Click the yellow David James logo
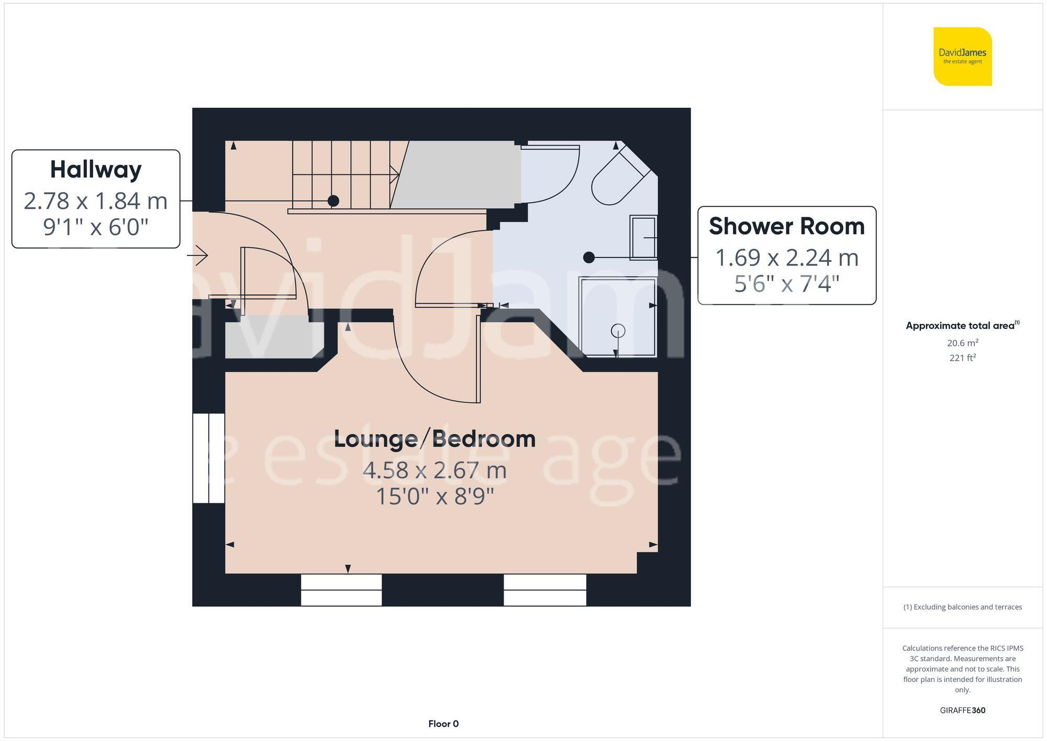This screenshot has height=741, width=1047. (962, 57)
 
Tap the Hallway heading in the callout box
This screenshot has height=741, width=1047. (96, 170)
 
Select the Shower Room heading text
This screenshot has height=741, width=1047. (786, 226)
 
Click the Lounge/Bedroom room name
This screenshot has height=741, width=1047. (435, 439)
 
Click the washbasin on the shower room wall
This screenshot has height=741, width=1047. (643, 237)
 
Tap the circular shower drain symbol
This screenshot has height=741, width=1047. (618, 331)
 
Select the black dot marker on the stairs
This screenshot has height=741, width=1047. (333, 201)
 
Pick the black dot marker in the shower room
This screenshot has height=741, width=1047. (589, 257)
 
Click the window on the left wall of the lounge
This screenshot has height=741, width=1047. (209, 458)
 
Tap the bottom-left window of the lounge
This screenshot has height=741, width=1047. (341, 590)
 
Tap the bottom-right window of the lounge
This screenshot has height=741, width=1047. (544, 590)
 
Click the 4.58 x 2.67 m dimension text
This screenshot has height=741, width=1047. (435, 470)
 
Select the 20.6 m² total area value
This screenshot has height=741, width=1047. (962, 343)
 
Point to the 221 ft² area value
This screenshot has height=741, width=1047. (962, 358)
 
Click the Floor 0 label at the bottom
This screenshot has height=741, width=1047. (443, 724)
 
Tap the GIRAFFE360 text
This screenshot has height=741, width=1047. (962, 710)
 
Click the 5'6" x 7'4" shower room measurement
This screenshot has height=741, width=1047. (786, 284)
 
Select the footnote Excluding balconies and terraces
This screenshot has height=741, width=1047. (962, 607)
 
